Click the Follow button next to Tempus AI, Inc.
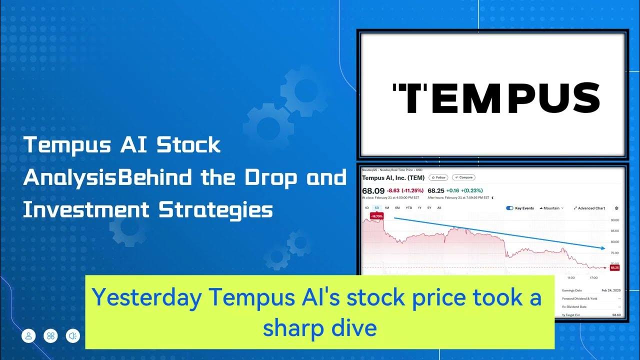(438, 177)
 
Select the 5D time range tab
(377, 208)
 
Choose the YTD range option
(408, 208)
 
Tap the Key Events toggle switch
(510, 208)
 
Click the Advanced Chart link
(590, 208)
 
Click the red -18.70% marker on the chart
(376, 216)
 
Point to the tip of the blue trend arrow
(604, 248)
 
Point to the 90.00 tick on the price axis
(614, 220)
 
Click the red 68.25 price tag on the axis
(614, 267)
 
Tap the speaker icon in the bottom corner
(73, 336)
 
